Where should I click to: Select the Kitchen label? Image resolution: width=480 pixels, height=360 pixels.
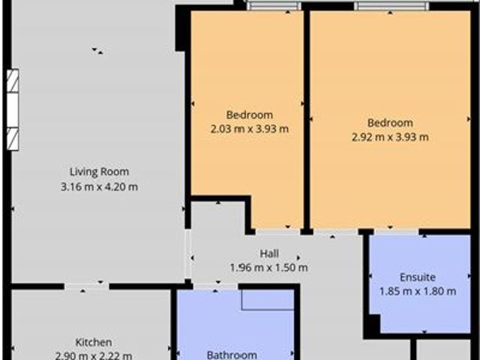click(94, 342)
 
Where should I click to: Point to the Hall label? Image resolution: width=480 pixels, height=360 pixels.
click(269, 253)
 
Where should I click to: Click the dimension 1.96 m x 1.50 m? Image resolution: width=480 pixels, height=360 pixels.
click(268, 268)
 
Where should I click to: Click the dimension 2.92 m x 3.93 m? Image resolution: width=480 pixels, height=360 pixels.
click(390, 137)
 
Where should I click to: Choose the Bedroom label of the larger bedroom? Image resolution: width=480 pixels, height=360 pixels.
click(390, 123)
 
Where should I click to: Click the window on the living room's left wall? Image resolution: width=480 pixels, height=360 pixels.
click(13, 109)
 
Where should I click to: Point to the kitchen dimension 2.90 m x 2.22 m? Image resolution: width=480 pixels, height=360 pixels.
click(94, 355)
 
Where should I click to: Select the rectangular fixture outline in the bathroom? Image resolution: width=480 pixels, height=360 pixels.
click(267, 299)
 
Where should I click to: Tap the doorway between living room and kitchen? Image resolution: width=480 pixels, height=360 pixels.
click(86, 286)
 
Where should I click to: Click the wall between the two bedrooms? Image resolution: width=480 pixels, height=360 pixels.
click(307, 120)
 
